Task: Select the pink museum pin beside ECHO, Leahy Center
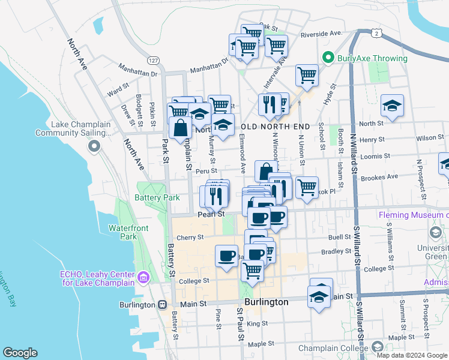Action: pos(143,277)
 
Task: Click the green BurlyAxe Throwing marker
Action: pos(328,58)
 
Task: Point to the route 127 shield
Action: pos(153,60)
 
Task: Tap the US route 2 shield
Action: pos(375,34)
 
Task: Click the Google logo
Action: pos(20,352)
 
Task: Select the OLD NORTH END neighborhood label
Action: pos(276,127)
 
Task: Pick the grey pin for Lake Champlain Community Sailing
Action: pos(94,146)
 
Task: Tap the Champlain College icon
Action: pos(377,347)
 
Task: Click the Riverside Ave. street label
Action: pos(321,34)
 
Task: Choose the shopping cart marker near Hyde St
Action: pos(307,76)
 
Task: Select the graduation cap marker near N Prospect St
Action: pos(392,106)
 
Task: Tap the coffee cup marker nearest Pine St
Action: pos(226,256)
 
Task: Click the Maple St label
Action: pos(261,344)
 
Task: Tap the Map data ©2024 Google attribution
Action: pos(411,355)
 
